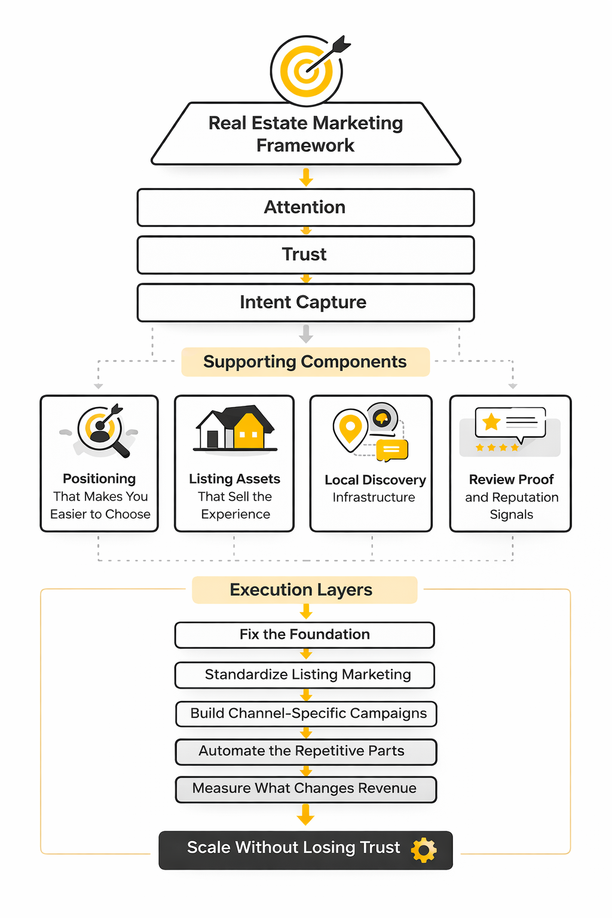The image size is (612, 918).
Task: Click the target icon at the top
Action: coord(307,71)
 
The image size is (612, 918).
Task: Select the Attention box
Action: coord(305,207)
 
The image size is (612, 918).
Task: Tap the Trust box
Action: coord(305,255)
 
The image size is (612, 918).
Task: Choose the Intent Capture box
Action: coord(305,302)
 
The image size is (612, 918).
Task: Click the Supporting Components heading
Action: coord(305,362)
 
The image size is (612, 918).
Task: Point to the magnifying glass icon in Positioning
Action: coord(104,432)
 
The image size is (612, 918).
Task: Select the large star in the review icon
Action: coord(491,422)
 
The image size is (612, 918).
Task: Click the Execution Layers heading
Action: coord(301,590)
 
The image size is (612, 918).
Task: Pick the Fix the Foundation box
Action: coord(305,635)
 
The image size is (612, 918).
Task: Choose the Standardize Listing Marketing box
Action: coord(305,675)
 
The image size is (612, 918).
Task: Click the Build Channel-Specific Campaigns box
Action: coord(306,714)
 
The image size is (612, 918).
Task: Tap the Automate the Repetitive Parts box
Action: coord(306,751)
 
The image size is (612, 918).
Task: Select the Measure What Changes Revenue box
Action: coord(306,789)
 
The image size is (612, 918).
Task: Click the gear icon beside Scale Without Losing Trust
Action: coord(424,850)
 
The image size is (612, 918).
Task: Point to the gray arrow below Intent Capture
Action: coord(306,333)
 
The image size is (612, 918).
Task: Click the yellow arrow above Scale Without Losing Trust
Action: coord(305,815)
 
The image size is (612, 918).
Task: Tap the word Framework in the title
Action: coord(305,145)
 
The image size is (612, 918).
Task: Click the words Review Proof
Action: coord(511,479)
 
